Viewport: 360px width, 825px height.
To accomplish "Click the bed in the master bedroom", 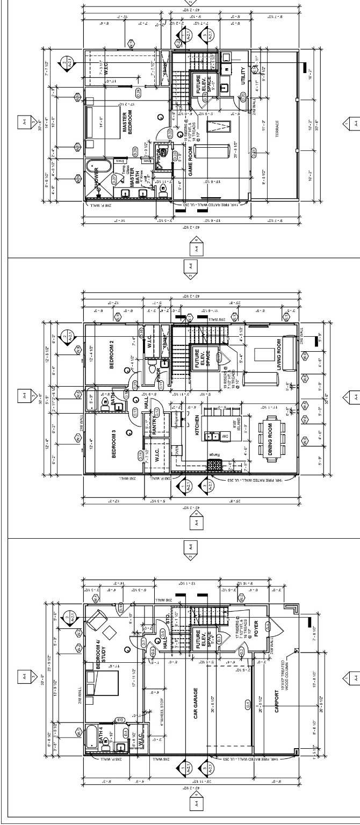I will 102,120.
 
